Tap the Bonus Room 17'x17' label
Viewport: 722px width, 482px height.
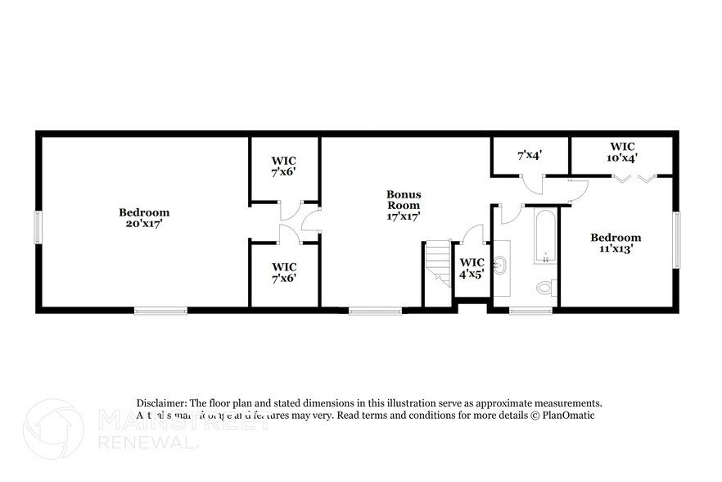404,206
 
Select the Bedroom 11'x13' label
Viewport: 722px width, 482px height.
616,243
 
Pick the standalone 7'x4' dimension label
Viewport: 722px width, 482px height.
530,154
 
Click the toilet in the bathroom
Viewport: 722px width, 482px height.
544,288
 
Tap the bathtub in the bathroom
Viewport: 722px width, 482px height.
546,235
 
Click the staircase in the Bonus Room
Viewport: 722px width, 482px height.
437,262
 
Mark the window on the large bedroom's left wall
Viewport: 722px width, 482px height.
37,227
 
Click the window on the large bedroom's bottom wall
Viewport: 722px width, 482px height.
160,311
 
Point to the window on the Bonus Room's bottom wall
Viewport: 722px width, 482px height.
375,311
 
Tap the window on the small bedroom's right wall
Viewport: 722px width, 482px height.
676,239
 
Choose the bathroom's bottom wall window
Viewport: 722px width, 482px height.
530,311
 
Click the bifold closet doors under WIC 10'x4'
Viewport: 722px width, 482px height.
635,179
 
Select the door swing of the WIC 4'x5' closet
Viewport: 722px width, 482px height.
472,236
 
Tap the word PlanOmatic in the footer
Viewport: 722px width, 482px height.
566,415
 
